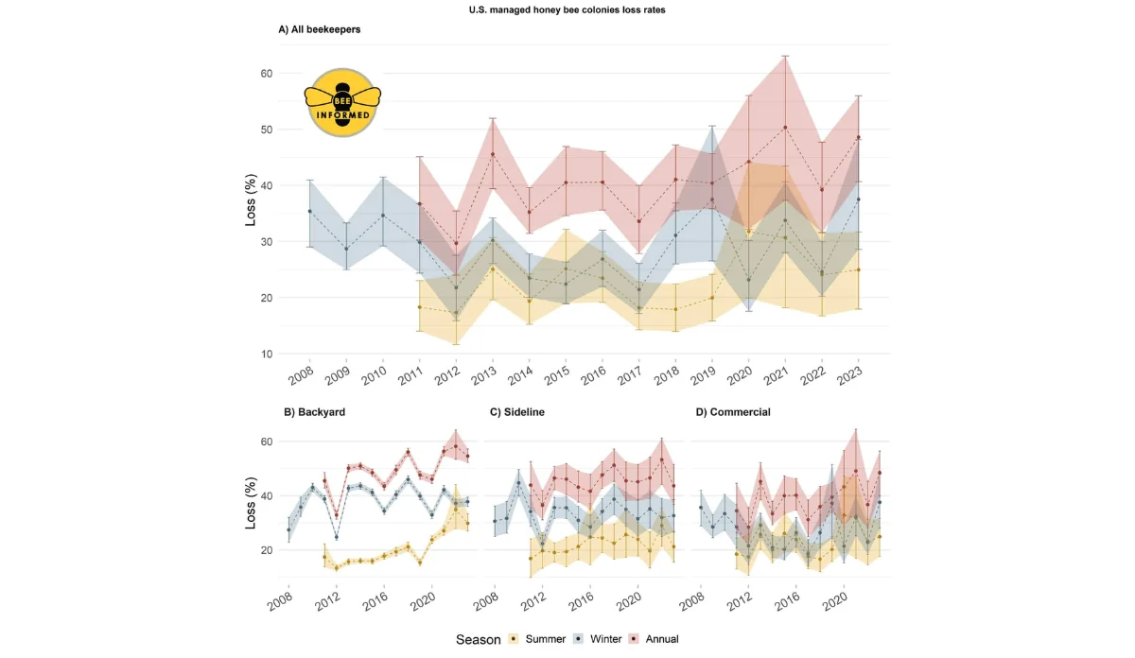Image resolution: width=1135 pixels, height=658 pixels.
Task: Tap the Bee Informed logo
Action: click(342, 102)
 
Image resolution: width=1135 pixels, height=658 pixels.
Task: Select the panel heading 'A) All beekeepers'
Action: click(319, 29)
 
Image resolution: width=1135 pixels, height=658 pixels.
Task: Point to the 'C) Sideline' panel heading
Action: click(517, 412)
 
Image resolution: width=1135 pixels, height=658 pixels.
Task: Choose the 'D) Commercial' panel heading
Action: click(733, 412)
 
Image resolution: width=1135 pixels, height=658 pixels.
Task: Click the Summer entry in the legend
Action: click(541, 639)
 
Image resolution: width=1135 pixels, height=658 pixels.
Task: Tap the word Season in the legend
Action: click(478, 639)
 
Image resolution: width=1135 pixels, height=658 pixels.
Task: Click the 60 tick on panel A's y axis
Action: click(266, 74)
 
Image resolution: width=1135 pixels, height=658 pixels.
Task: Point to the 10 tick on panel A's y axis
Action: click(266, 354)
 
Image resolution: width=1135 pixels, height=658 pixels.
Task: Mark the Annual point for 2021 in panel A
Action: click(784, 128)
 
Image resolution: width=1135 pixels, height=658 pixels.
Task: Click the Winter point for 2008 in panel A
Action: click(309, 211)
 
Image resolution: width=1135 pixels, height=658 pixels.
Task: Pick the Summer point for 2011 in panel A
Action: click(419, 307)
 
